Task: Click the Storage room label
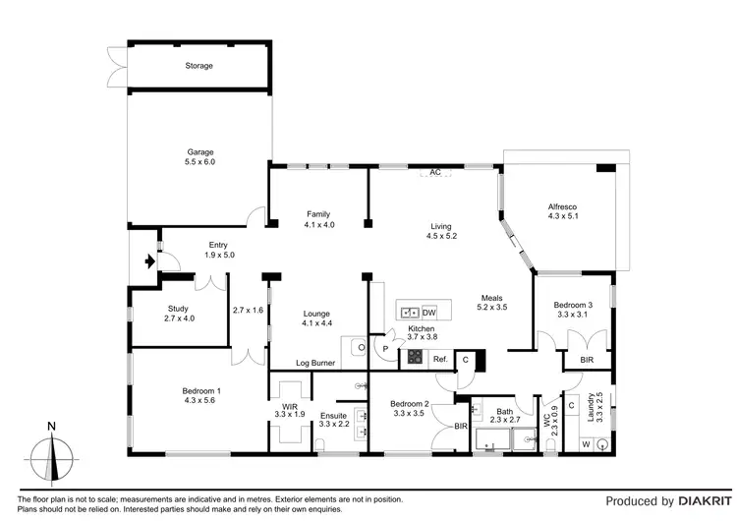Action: [x=199, y=66]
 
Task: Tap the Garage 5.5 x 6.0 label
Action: [x=201, y=157]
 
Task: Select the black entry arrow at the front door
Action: [x=148, y=261]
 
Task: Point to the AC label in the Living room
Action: [x=433, y=174]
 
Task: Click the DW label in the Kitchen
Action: [x=428, y=313]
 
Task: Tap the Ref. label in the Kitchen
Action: [x=440, y=359]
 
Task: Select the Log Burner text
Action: [x=316, y=364]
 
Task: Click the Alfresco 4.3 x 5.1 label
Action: [x=563, y=211]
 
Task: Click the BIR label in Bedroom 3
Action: [x=587, y=362]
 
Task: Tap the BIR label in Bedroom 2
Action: [x=461, y=426]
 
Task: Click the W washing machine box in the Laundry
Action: [x=586, y=443]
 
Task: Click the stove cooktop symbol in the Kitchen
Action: [x=416, y=358]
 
